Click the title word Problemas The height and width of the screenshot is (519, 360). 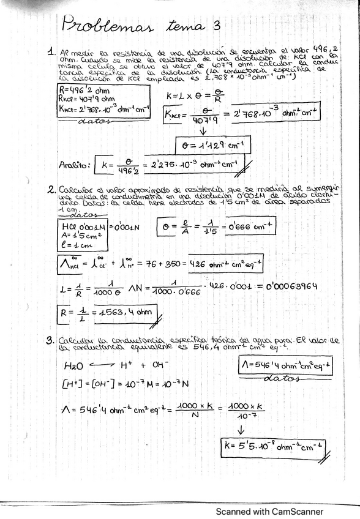108,26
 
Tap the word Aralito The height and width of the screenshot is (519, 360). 75,165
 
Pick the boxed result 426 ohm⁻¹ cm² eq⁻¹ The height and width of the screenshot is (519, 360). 226,264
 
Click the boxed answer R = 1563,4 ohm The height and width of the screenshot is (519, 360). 110,315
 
